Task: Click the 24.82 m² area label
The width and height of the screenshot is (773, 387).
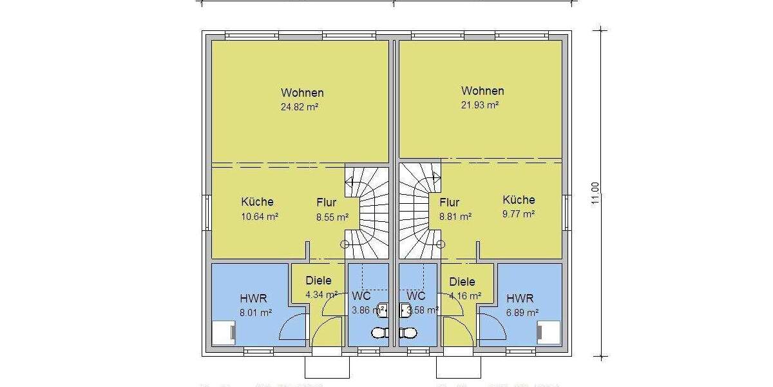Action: pos(302,107)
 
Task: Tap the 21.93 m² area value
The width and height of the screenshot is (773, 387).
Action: pos(482,105)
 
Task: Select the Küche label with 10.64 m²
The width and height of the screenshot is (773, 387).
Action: pos(257,202)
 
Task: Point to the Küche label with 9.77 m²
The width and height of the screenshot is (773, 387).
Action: pos(519,200)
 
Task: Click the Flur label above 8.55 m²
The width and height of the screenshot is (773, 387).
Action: pos(326,203)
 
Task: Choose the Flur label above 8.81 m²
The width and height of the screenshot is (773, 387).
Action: pos(449,203)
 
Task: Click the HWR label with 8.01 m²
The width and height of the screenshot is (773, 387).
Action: pos(253,299)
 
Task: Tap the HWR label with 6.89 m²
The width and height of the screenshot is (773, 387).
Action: pos(520,299)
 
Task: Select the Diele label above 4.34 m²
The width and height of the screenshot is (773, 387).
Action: pos(319,281)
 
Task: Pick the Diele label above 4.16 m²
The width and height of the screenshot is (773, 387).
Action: pos(462,282)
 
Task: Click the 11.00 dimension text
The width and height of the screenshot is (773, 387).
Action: pos(595,193)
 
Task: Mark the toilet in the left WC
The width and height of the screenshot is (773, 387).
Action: pos(379,333)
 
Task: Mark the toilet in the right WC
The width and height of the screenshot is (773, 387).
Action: pos(408,333)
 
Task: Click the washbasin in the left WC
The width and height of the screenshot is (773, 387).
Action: pos(381,311)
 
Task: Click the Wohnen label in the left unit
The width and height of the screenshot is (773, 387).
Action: pos(302,93)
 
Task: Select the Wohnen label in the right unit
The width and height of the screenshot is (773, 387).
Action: pos(482,91)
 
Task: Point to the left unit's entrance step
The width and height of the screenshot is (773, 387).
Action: pos(327,367)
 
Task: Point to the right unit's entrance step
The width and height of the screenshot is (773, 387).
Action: pos(459,367)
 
